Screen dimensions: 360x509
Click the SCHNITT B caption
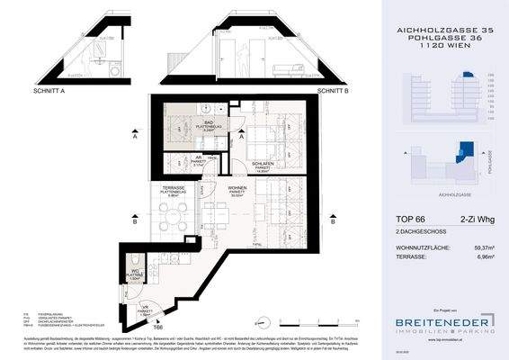point(333,90)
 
